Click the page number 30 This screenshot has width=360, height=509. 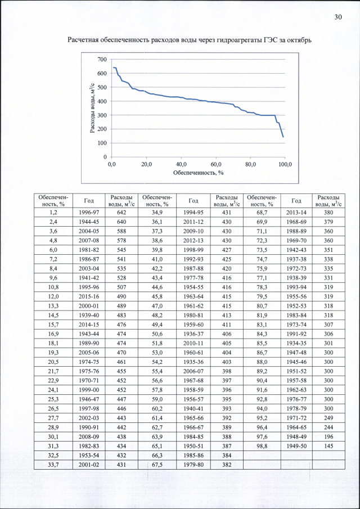point(338,17)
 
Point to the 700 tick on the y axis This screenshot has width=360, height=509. point(101,60)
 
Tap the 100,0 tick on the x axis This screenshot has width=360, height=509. point(286,164)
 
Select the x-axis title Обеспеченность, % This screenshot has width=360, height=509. point(198,172)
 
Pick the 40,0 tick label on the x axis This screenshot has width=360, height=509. point(181,164)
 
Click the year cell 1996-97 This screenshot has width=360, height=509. point(89,213)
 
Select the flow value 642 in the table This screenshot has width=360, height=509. point(121,213)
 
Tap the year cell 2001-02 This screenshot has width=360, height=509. point(89,464)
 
